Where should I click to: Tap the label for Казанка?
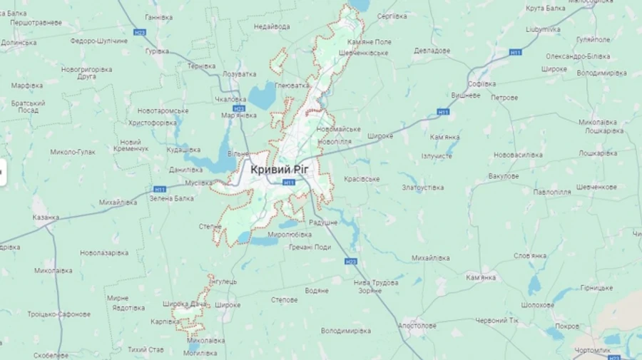pyautogui.click(x=46, y=217)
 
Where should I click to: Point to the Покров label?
pyautogui.click(x=567, y=326)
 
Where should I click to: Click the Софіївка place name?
pyautogui.click(x=483, y=83)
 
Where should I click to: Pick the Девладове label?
pyautogui.click(x=432, y=51)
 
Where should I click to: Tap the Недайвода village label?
pyautogui.click(x=272, y=26)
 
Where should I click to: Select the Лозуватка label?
pyautogui.click(x=239, y=73)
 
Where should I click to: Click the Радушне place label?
pyautogui.click(x=323, y=222)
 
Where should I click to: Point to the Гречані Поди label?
pyautogui.click(x=310, y=247)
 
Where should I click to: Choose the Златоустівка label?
pyautogui.click(x=423, y=187)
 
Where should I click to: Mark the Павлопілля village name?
pyautogui.click(x=552, y=192)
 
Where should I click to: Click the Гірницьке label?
pyautogui.click(x=596, y=287)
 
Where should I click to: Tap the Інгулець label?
pyautogui.click(x=224, y=282)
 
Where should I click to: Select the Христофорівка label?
pyautogui.click(x=152, y=123)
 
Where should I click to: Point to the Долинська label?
pyautogui.click(x=19, y=42)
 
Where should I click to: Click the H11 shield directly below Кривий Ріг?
pyautogui.click(x=289, y=182)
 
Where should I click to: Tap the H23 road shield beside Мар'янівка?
pyautogui.click(x=239, y=108)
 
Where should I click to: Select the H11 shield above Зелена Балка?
pyautogui.click(x=160, y=189)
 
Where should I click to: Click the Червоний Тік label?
pyautogui.click(x=497, y=320)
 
